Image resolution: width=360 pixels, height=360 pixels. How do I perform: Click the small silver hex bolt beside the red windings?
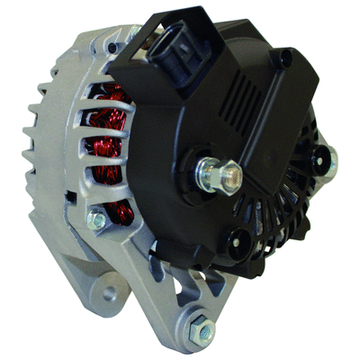[x=98, y=219]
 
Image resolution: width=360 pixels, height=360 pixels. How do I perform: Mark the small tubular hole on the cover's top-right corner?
[x=286, y=59]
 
